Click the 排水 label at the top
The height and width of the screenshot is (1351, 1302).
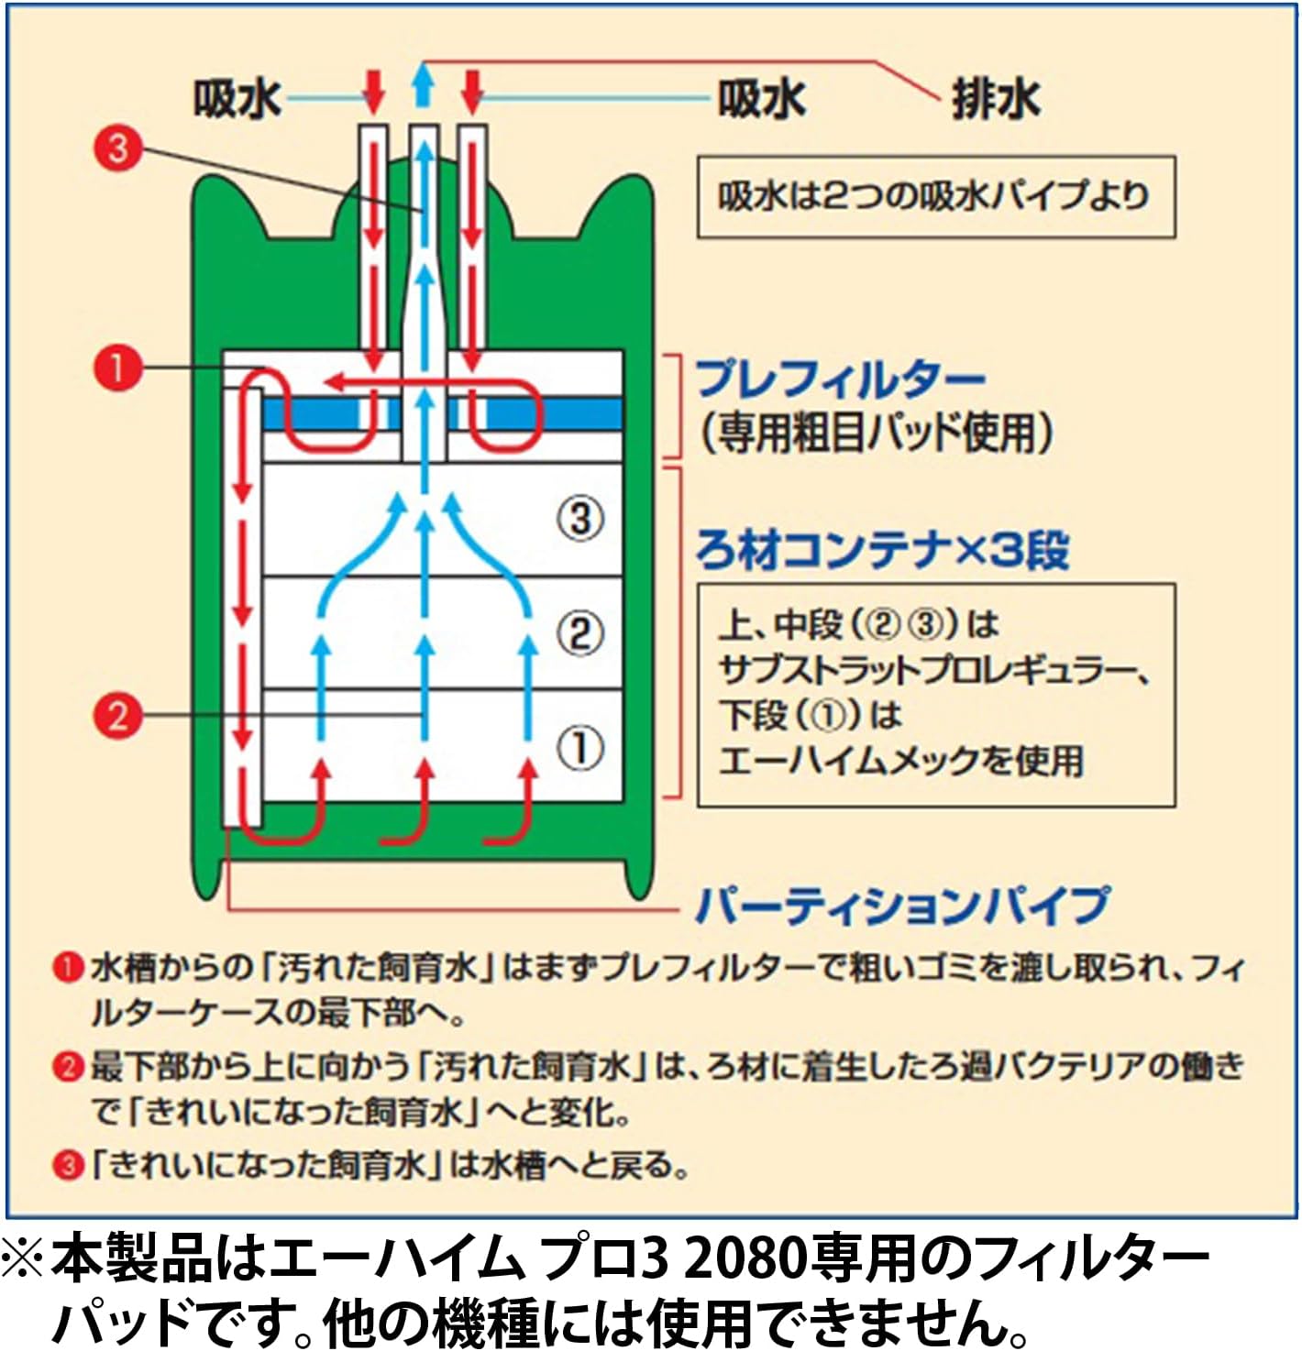pos(996,99)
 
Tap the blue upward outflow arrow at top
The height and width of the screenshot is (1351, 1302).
pos(423,85)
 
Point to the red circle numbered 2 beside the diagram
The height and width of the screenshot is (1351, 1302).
pos(118,715)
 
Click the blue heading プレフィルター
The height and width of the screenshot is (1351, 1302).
pos(840,379)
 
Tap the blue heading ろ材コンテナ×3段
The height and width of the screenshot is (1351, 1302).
pos(882,550)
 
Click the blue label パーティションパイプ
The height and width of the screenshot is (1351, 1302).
pos(902,906)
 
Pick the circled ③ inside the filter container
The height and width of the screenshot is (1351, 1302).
pos(580,519)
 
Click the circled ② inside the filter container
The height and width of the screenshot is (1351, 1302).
pos(580,633)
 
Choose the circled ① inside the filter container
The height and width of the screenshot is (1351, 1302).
pos(580,748)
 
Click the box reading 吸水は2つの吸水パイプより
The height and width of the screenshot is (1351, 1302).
pos(935,196)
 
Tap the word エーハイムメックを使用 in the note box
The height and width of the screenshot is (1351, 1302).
pos(900,761)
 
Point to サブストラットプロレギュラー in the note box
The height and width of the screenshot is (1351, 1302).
pos(933,671)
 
